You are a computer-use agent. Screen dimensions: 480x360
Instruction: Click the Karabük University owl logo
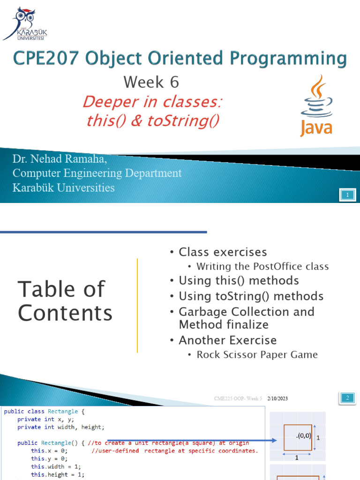24,23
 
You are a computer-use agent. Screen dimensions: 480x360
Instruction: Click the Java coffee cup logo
316,105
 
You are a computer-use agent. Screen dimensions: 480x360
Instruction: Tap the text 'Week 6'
151,82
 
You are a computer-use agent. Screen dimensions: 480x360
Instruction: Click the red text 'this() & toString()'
153,120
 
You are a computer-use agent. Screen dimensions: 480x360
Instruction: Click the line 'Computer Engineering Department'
97,173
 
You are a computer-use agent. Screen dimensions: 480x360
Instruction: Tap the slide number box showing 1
347,195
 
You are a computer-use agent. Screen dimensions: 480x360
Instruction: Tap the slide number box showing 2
347,398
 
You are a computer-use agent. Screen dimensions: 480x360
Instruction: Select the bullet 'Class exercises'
223,252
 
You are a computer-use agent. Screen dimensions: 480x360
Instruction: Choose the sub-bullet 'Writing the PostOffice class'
262,267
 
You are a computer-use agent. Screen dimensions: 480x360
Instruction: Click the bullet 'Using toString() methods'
251,296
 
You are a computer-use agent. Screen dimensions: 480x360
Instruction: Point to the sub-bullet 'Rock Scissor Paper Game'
257,355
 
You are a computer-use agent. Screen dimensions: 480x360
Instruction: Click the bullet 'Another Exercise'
227,340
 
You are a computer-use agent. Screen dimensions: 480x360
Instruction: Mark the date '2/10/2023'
277,398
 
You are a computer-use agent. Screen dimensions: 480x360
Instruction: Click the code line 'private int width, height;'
61,427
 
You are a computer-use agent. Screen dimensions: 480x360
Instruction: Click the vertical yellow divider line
137,305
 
